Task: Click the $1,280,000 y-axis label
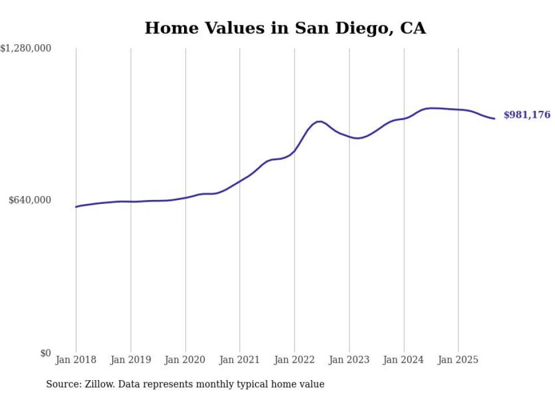click(26, 49)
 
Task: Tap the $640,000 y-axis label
click(30, 200)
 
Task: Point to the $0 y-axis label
click(45, 354)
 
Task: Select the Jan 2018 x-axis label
click(76, 360)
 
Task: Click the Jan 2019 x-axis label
click(131, 360)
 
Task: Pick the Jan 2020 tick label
click(185, 360)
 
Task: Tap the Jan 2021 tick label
click(240, 360)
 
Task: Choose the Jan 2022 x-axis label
click(294, 360)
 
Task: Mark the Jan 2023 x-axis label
click(349, 360)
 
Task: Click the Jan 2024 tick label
click(404, 360)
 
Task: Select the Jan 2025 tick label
click(458, 360)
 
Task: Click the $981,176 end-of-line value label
click(527, 115)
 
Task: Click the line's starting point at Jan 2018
click(76, 207)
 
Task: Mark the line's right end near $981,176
click(495, 118)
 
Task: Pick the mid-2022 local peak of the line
click(320, 121)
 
